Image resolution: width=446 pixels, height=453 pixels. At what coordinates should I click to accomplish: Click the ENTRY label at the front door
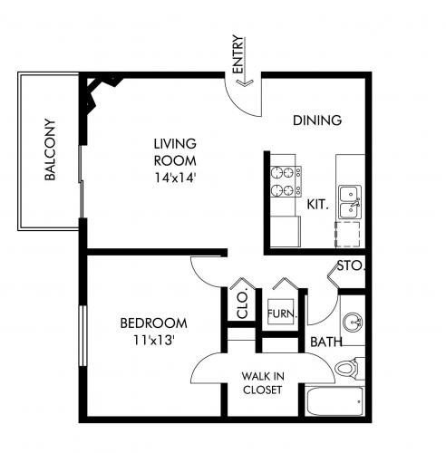pos(238,54)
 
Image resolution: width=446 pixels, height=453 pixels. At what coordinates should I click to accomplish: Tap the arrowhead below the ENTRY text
pos(244,82)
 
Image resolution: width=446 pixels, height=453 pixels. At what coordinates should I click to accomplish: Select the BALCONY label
pos(50,149)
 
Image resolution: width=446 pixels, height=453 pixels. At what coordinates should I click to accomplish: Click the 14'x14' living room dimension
pos(174,178)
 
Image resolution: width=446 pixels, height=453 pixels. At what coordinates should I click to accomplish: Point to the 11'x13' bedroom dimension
pos(154,341)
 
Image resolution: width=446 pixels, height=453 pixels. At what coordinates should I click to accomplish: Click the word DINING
pos(317,120)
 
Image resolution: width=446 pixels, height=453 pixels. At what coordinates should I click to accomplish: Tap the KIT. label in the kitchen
pos(317,205)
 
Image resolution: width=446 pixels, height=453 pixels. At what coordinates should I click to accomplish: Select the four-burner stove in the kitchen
pos(286,181)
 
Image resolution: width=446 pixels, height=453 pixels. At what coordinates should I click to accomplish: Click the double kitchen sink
pos(350,202)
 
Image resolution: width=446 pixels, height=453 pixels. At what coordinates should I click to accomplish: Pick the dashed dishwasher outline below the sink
pos(347,235)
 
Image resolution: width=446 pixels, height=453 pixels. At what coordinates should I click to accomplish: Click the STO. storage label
pos(351,266)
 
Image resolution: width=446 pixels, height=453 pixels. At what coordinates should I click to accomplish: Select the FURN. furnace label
pos(282,313)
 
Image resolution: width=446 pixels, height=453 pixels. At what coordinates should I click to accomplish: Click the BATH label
pos(326,342)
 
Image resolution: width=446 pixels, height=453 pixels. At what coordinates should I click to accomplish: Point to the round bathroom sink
pos(353,323)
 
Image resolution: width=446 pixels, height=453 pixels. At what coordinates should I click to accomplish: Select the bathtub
pos(334,400)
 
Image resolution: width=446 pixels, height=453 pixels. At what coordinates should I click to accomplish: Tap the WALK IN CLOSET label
pos(263,383)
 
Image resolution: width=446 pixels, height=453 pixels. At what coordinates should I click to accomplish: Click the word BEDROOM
pos(154,323)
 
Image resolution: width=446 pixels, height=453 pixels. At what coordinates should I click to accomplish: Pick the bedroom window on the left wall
pos(82,336)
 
